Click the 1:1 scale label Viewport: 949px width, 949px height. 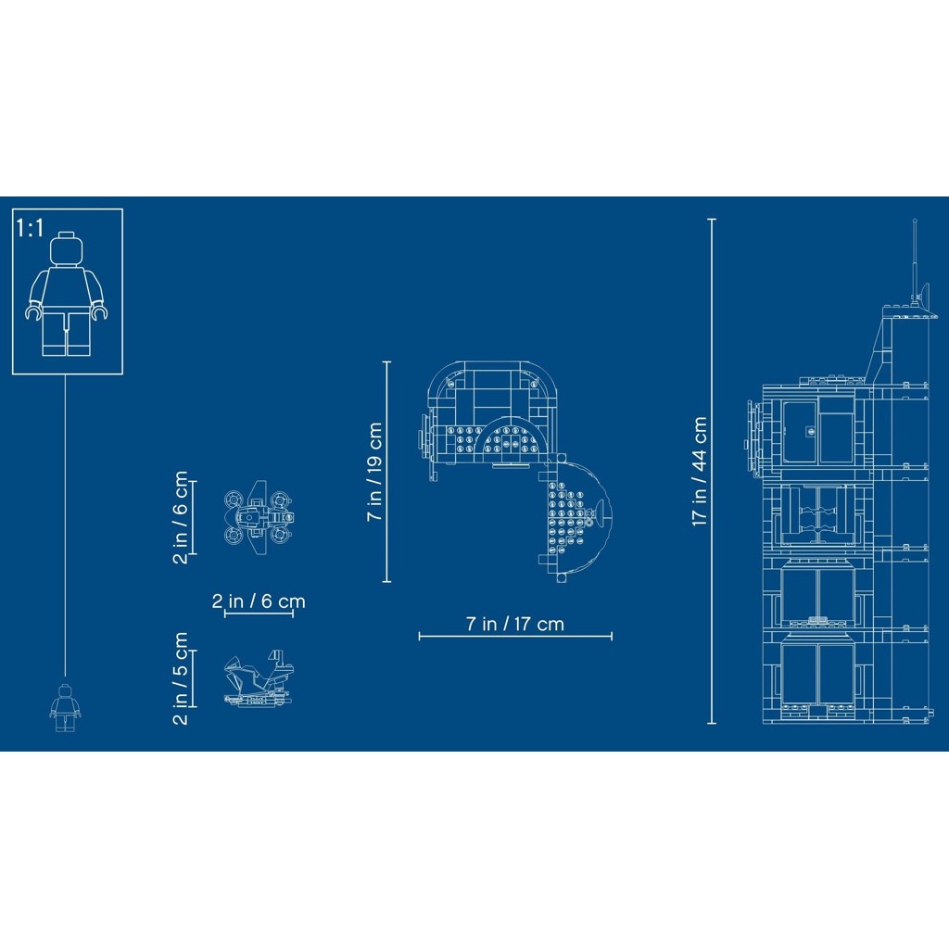(30, 228)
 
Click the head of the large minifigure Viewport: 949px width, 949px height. (66, 248)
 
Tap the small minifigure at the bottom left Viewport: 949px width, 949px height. (65, 707)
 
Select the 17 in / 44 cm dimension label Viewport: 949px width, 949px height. (700, 471)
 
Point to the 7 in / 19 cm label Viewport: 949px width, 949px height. (374, 472)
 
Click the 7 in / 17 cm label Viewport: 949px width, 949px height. (515, 624)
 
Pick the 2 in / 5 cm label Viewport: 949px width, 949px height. (181, 677)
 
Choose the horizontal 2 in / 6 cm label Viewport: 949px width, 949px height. (259, 601)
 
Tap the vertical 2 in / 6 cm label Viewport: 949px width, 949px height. (181, 517)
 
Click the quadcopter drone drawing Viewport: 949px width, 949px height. (259, 517)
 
